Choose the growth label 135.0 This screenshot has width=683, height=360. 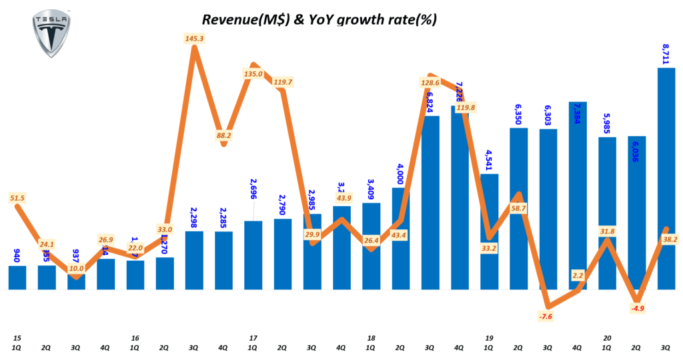[x=253, y=74]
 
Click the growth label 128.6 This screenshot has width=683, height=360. [x=428, y=83]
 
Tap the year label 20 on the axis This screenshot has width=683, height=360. [x=607, y=338]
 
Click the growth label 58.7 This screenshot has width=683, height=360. [x=518, y=209]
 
